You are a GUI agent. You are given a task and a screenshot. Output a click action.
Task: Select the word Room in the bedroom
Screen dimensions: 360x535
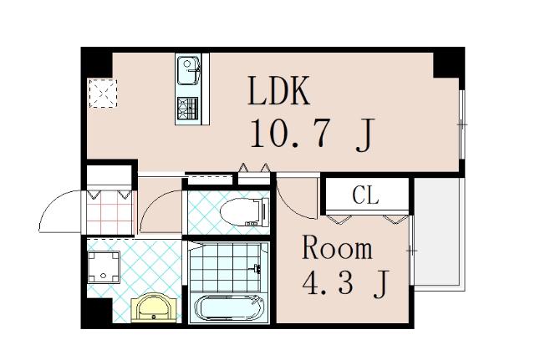tap(337, 249)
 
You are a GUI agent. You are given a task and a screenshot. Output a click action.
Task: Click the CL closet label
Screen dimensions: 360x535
tap(365, 196)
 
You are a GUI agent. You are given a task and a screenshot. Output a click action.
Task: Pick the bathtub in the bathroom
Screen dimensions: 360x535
tap(229, 309)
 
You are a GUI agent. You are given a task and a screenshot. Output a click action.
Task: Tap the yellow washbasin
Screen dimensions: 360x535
tap(155, 308)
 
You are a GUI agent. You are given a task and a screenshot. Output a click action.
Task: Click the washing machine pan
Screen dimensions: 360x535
tap(105, 266)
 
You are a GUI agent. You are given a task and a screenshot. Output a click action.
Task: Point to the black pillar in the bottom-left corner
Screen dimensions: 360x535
tap(94, 315)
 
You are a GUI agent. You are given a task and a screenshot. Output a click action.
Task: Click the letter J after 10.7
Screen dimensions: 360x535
tap(364, 135)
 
